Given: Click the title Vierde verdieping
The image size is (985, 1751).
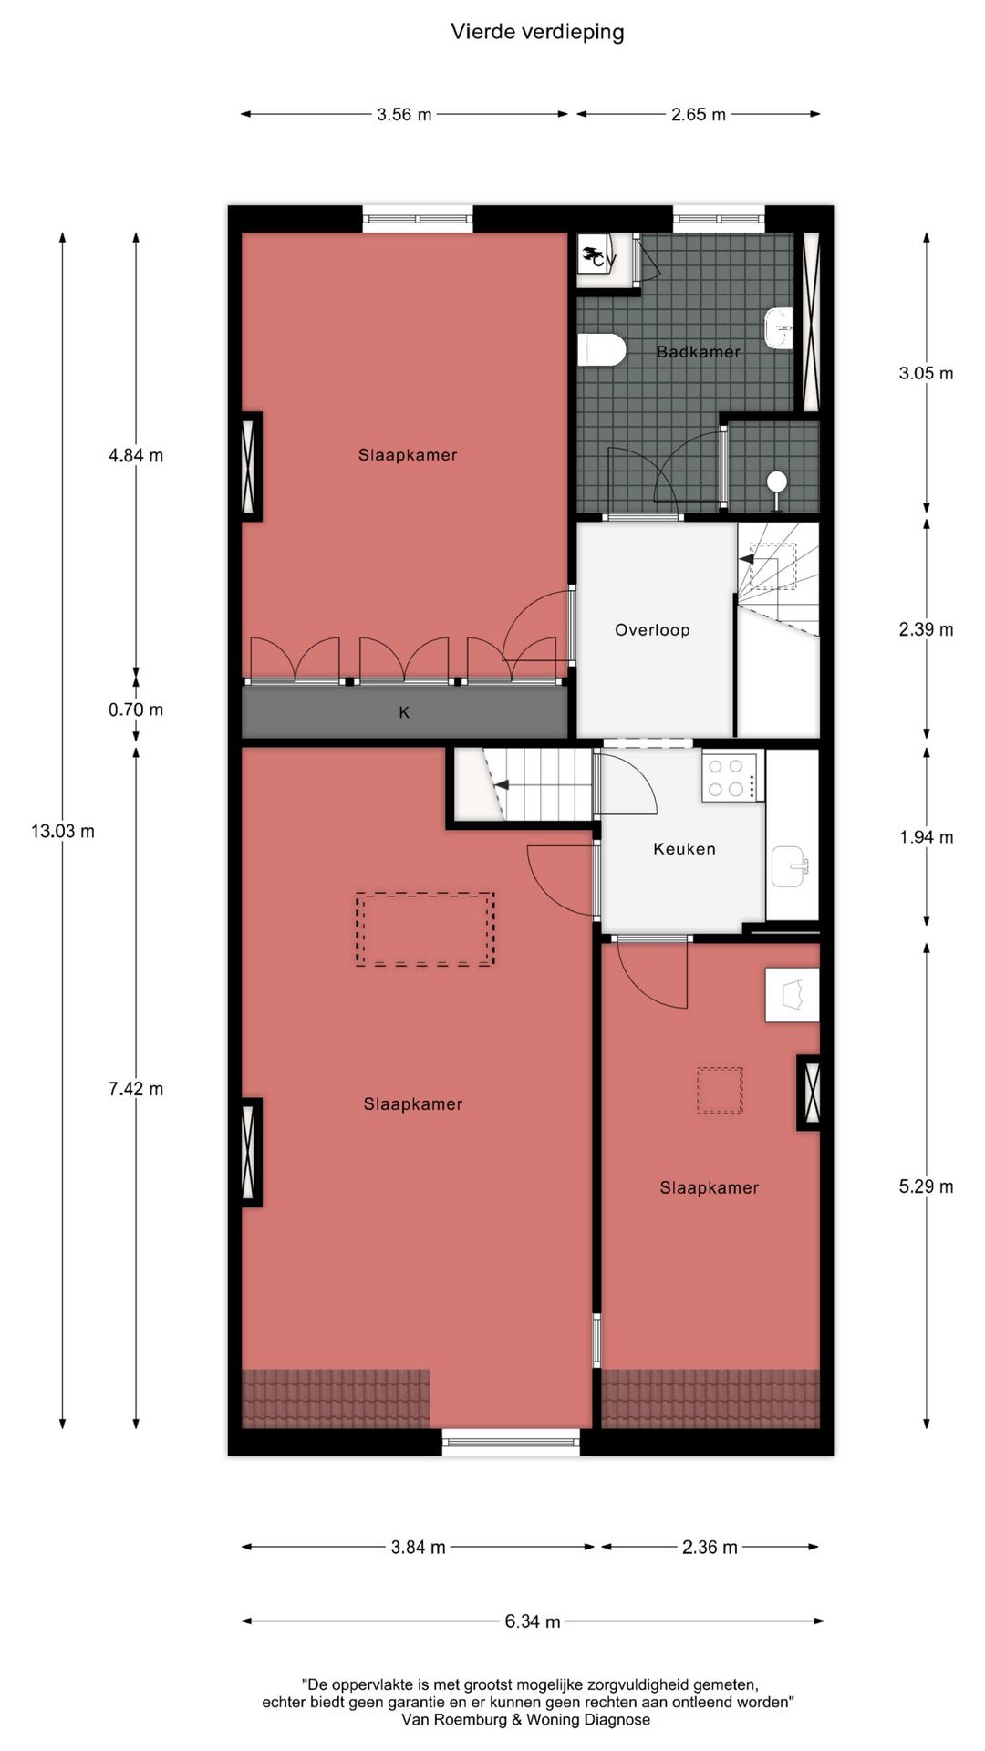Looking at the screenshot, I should [537, 33].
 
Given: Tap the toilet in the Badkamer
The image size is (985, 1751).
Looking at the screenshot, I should [602, 349].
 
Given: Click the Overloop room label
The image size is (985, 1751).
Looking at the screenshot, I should [652, 630].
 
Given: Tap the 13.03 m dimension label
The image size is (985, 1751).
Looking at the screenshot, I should [62, 831].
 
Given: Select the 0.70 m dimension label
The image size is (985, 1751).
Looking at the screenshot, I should [136, 710].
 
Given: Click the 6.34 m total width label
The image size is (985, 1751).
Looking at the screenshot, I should [533, 1621].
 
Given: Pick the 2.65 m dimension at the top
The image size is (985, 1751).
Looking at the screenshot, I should [699, 115].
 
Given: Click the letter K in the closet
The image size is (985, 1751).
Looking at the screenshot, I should [404, 713].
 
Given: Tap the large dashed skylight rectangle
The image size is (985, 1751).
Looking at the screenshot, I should [425, 929].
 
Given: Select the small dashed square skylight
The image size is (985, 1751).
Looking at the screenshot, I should [720, 1091].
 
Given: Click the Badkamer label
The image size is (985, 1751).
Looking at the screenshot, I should [699, 352].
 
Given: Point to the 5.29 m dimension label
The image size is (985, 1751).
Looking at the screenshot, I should [926, 1186].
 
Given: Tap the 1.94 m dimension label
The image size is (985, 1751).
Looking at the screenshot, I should [926, 837].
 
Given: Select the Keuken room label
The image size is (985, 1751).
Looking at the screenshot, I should [684, 849].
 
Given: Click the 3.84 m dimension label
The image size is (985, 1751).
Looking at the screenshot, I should [418, 1548].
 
